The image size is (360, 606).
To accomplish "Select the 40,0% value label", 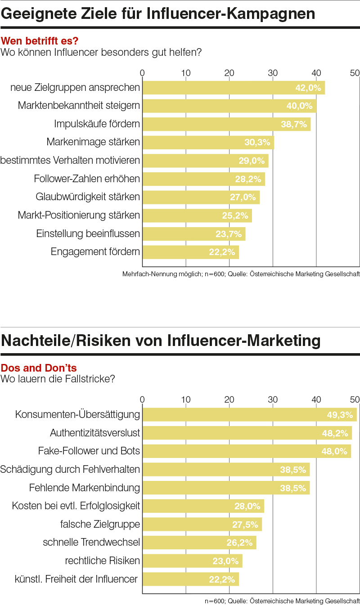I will pyautogui.click(x=299, y=106).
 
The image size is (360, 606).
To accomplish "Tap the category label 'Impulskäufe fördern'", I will pyautogui.click(x=97, y=124).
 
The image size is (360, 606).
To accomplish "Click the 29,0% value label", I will pyautogui.click(x=251, y=161).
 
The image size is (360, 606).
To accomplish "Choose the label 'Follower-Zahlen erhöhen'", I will pyautogui.click(x=87, y=179).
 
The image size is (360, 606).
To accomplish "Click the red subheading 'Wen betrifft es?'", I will pyautogui.click(x=40, y=41).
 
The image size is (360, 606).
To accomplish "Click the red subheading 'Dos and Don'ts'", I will pyautogui.click(x=39, y=368).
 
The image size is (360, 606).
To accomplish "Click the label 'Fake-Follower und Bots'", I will pyautogui.click(x=89, y=451).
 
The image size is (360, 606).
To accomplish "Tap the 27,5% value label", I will pyautogui.click(x=245, y=525).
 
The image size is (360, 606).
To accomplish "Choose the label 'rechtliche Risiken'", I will pyautogui.click(x=103, y=561).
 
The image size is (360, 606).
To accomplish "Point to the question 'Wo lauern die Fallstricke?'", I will pyautogui.click(x=58, y=379).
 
